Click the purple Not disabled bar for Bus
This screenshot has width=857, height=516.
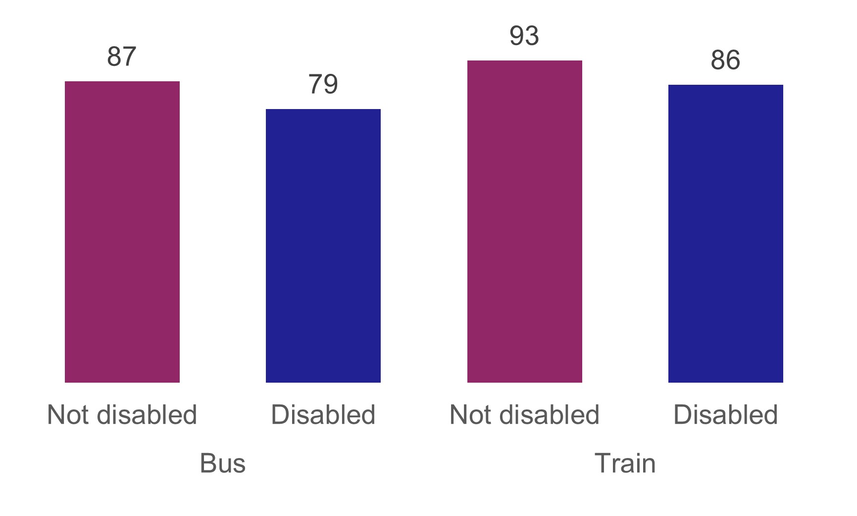[122, 231]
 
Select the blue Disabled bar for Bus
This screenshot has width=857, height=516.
[323, 245]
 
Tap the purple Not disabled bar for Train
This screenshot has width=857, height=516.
[524, 221]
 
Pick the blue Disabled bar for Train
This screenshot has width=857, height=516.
[725, 233]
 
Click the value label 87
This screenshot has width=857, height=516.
[122, 57]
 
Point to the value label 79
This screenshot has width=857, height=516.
[323, 84]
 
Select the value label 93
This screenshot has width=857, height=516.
[524, 36]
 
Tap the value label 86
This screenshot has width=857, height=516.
[725, 60]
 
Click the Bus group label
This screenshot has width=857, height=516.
[223, 463]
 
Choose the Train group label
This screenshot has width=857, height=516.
[625, 463]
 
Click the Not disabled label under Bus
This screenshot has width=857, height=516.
[122, 414]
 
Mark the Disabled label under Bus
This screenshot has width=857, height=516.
[323, 414]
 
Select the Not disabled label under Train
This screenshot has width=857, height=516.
[524, 414]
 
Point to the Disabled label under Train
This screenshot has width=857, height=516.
[725, 414]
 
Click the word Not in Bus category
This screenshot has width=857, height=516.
[68, 414]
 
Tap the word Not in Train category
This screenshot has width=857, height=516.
[471, 414]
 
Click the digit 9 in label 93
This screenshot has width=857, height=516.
[517, 36]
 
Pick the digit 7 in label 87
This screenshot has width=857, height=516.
[130, 57]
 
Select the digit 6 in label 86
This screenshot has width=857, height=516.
[733, 60]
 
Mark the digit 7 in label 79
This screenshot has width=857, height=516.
[315, 84]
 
